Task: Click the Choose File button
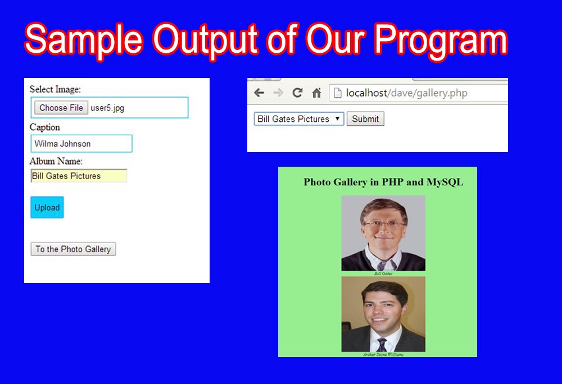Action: (61, 108)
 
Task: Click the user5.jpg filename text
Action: (107, 108)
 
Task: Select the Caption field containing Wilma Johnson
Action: (81, 144)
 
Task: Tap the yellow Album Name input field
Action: (79, 176)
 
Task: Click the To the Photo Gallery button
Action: (73, 249)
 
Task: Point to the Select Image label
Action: (55, 89)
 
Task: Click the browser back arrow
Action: (259, 93)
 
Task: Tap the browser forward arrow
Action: (278, 93)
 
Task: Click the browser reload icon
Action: (297, 93)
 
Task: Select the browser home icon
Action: (316, 93)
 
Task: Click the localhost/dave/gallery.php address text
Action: (406, 93)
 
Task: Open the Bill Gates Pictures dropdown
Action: (299, 119)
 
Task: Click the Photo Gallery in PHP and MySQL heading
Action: (383, 182)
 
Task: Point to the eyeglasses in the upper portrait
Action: (384, 225)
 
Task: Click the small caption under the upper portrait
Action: (383, 273)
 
